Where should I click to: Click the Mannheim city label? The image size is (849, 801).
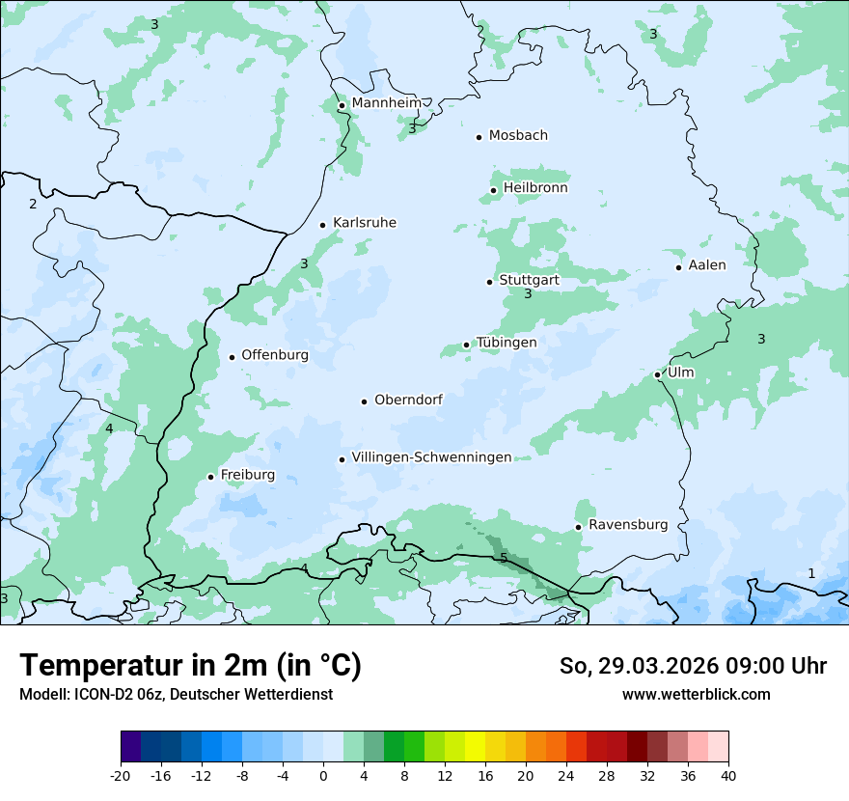pos(386,103)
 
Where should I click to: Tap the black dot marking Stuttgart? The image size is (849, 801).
pos(490,282)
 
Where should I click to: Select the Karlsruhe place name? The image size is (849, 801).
pos(364,223)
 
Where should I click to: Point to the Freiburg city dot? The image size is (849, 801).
pos(210,477)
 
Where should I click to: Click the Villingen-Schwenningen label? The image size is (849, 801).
pos(431,457)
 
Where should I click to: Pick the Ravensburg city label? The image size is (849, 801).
pos(627,525)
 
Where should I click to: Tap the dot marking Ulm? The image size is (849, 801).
pos(657,374)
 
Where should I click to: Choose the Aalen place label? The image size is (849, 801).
pos(707,265)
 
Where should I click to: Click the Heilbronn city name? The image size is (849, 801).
pos(535,188)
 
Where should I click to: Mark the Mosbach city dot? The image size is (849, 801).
pos(479,137)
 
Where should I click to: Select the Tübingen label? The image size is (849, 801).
pos(507,343)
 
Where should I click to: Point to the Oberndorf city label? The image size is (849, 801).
pos(408,400)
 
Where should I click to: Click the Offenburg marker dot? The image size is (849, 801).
pos(232,357)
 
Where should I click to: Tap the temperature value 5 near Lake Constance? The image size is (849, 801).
pos(504,559)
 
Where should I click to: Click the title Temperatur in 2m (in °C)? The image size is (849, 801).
pos(190,666)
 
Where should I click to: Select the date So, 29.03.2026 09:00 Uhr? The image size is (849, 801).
pos(693,666)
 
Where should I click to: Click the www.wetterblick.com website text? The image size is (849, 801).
pos(696,694)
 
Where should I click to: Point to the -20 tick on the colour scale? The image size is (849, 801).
pos(121,775)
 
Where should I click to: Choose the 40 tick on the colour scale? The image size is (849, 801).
pos(727,775)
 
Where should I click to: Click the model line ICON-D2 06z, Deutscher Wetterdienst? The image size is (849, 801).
pos(176,694)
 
